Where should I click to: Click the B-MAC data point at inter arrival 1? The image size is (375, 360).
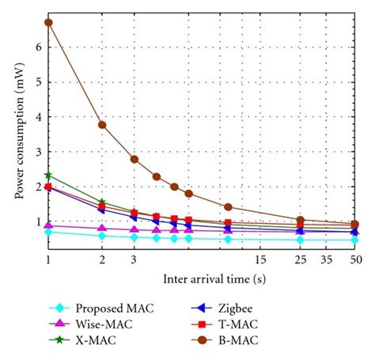49,22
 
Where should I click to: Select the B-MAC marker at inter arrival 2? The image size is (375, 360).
102,125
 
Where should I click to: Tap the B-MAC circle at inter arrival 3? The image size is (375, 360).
134,159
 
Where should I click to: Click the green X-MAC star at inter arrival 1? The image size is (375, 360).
49,175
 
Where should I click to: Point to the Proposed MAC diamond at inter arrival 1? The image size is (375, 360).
49,232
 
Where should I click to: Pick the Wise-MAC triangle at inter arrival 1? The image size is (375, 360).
49,225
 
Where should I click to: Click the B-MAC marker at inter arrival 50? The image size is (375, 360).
355,224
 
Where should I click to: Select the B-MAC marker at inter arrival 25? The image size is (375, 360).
300,220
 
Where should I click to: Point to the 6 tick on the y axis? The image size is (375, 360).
38,47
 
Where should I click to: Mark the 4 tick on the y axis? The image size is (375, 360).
38,117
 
